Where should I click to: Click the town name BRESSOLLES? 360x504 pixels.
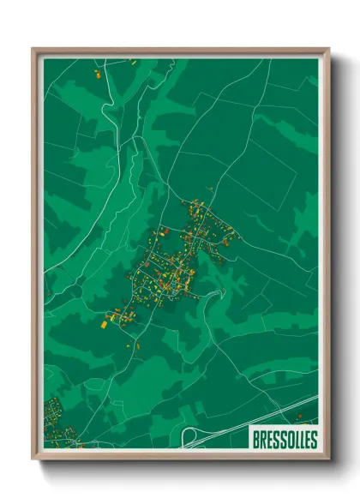(284, 440)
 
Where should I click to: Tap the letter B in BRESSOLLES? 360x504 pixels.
(256, 440)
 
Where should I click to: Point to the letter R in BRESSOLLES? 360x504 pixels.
(263, 440)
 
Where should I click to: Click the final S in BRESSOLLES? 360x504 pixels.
(313, 440)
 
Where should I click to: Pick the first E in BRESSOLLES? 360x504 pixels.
(269, 440)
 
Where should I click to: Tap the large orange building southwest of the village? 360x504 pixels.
(106, 324)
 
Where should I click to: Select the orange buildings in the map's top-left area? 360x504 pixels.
(96, 72)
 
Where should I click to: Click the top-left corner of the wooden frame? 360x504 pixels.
(33, 49)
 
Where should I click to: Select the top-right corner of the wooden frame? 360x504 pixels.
(328, 49)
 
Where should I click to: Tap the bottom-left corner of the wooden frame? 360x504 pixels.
(33, 459)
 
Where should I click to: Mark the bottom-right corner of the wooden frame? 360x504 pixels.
(328, 459)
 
